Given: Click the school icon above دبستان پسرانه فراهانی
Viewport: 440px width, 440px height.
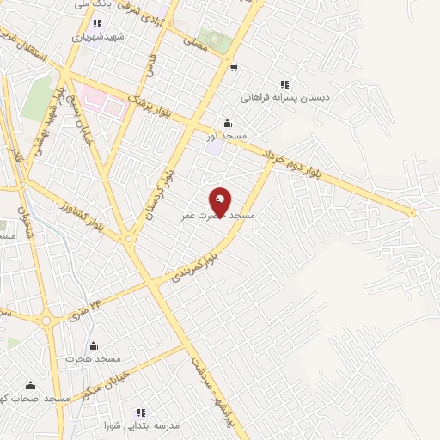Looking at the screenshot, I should [284, 84].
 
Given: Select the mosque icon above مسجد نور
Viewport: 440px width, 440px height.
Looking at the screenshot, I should [226, 123].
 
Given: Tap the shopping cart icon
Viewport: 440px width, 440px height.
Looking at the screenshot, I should [233, 66].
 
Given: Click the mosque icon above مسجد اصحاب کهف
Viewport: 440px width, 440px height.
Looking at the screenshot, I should [31, 386].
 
